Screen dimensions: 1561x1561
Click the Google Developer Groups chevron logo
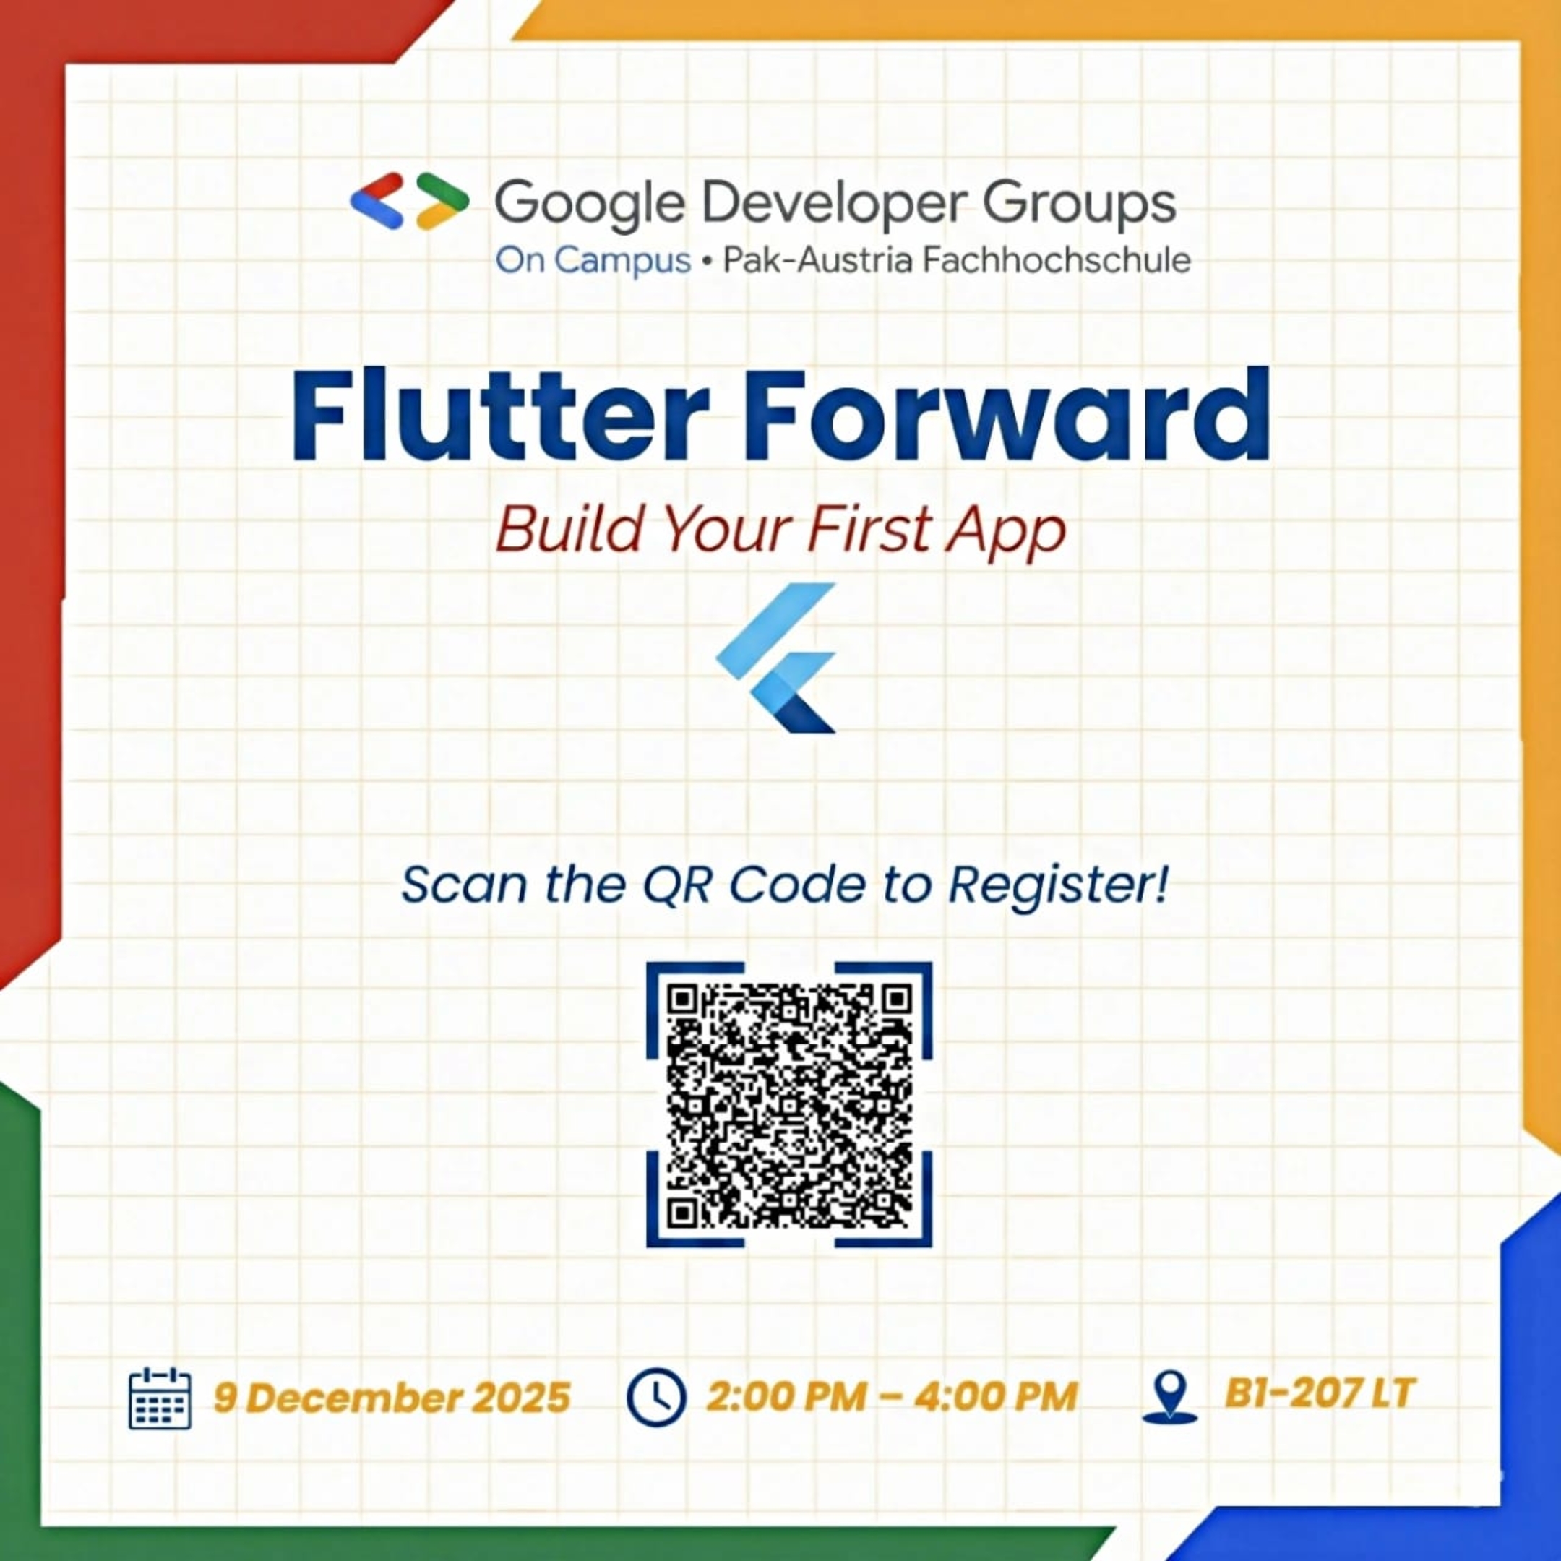point(410,200)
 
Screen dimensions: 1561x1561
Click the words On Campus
point(593,261)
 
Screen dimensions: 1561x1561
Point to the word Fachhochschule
point(1057,260)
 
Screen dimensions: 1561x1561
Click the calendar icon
point(160,1398)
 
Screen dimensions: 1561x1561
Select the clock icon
point(656,1396)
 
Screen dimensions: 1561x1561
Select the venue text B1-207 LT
point(1320,1393)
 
